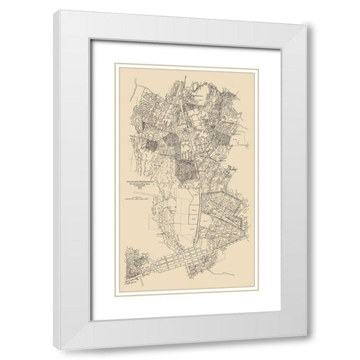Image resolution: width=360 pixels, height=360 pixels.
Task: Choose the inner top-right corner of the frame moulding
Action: (x=293, y=34)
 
